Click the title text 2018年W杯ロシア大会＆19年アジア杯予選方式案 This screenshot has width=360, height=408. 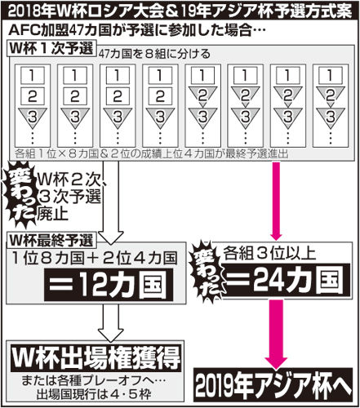point(180,12)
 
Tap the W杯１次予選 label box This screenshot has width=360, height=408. point(51,48)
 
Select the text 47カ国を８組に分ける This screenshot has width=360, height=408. point(154,54)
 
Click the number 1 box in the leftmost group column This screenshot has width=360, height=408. point(33,75)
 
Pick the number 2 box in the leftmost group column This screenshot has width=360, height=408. point(33,95)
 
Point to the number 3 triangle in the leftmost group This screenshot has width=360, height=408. point(33,117)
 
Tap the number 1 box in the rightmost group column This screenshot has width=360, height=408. point(330,75)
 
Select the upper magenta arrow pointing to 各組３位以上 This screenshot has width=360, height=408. point(277,201)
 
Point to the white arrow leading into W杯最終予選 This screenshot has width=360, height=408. point(111,202)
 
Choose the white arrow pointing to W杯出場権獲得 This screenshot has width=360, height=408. point(111,322)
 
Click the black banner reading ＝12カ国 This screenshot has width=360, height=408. point(109,285)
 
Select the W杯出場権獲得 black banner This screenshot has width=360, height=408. point(96,357)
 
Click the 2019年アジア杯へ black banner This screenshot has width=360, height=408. point(273,385)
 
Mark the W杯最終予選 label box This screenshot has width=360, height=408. point(51,241)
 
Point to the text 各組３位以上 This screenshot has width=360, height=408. point(269,254)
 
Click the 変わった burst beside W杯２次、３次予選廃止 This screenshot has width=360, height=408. point(21,195)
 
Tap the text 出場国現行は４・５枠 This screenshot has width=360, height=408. point(93,394)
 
